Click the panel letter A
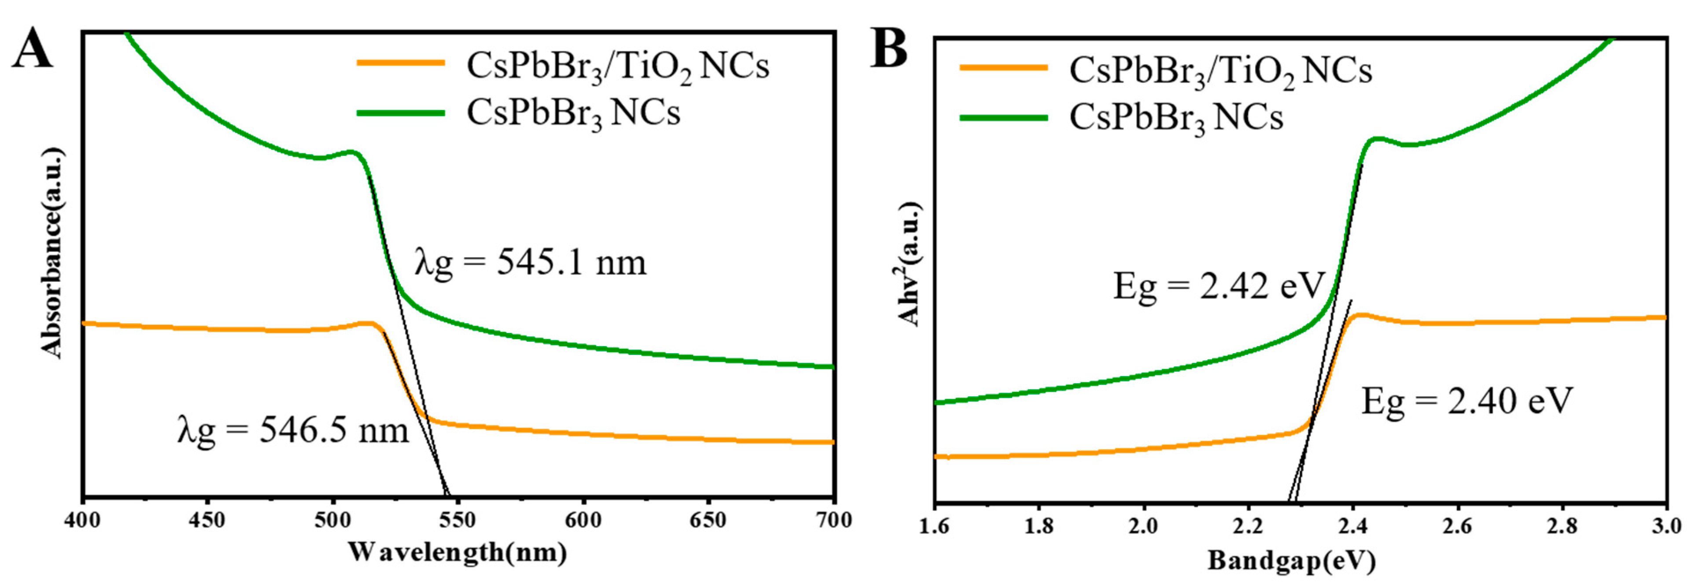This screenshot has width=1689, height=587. click(x=32, y=50)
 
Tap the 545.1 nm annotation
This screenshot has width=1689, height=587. click(x=530, y=263)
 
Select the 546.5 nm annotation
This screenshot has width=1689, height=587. click(x=293, y=432)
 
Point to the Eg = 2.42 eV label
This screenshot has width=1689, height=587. click(x=1219, y=287)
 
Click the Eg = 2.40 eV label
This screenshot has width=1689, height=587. click(x=1467, y=402)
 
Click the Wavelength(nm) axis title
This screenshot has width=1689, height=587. click(x=457, y=552)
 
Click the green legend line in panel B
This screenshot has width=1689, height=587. click(x=1003, y=118)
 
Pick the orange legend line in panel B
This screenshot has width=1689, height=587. click(x=1003, y=67)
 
